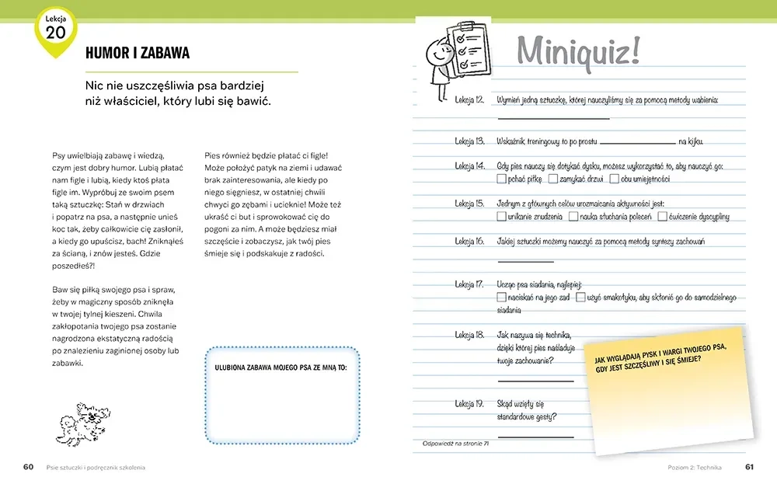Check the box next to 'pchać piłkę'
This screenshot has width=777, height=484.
pyautogui.click(x=501, y=179)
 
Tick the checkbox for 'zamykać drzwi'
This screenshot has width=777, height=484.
pyautogui.click(x=552, y=179)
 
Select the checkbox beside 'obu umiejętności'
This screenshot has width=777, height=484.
pyautogui.click(x=615, y=179)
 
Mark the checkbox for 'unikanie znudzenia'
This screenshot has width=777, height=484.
pyautogui.click(x=501, y=217)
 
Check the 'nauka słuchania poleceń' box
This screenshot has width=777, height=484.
pyautogui.click(x=573, y=217)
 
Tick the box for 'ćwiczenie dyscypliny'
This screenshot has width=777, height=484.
pyautogui.click(x=662, y=217)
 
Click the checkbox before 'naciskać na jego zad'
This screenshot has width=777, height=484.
pyautogui.click(x=501, y=298)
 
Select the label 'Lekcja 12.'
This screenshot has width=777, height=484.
pyautogui.click(x=469, y=100)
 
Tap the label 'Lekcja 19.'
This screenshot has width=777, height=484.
pyautogui.click(x=469, y=404)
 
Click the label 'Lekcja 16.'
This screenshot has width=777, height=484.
pyautogui.click(x=469, y=242)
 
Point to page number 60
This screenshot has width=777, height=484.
pyautogui.click(x=28, y=467)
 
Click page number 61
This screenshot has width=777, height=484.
pyautogui.click(x=750, y=467)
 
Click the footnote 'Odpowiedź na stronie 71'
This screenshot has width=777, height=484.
pyautogui.click(x=455, y=444)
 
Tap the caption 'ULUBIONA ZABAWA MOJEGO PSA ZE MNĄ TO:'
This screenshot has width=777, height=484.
pyautogui.click(x=280, y=366)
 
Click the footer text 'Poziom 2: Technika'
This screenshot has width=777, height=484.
pyautogui.click(x=695, y=467)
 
